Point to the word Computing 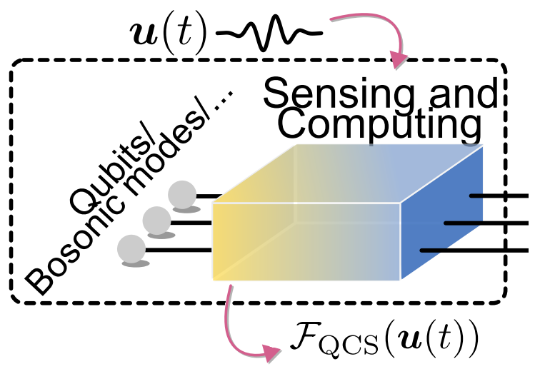click(x=379, y=126)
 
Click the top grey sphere click(x=182, y=193)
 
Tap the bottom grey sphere click(x=132, y=248)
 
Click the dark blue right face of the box click(x=443, y=214)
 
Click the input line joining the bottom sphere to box click(x=179, y=250)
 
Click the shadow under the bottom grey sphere click(x=134, y=264)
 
